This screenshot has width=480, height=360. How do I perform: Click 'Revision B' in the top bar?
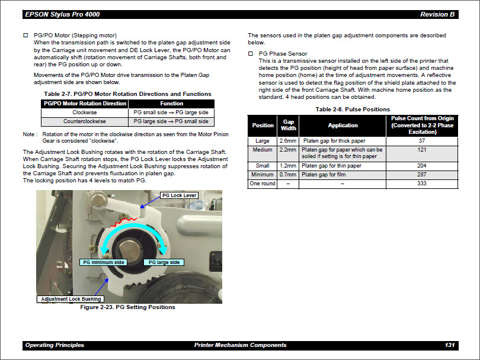coord(437,14)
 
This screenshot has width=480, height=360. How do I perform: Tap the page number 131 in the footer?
coord(449,345)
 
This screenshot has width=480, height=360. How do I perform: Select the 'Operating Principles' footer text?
coord(55,345)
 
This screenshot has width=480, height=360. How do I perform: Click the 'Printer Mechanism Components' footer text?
coord(240,345)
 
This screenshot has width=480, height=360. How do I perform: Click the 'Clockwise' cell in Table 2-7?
coord(84,112)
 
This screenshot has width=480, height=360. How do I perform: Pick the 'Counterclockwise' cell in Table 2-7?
coord(84,121)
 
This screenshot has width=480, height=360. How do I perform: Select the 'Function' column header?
coord(172,103)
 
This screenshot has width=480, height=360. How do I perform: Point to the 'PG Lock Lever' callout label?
coord(179,195)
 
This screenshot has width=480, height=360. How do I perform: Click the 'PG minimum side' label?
coord(104,262)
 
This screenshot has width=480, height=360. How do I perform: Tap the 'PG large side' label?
coord(164,262)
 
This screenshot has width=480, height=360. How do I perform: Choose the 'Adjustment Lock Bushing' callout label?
coord(71,299)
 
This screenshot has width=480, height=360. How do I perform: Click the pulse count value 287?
coord(421,175)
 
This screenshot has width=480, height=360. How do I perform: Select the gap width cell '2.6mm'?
coord(288,141)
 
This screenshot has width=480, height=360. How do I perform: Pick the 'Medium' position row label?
coord(263,150)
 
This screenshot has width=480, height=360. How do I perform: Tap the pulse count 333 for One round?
coord(421,184)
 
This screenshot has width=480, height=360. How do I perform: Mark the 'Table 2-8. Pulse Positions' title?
coord(353,110)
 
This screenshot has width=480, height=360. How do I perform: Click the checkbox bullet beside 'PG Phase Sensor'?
coord(250,54)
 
